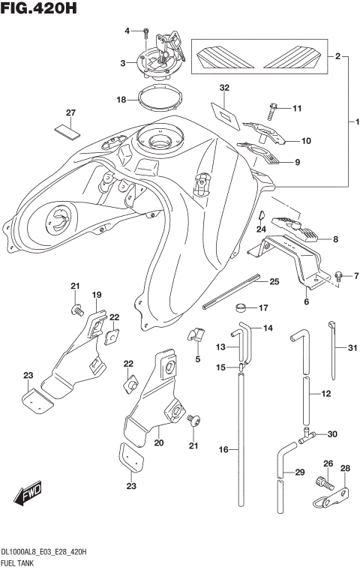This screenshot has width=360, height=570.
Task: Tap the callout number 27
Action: pos(70,113)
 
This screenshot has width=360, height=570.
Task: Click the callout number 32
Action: pos(223,88)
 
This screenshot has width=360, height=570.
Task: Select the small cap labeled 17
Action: pos(241,307)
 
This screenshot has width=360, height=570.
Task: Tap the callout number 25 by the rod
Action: pos(274,281)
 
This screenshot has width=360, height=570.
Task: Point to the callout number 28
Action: pos(345,469)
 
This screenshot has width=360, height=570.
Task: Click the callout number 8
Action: pos(335,240)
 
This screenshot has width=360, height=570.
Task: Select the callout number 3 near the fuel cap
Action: pos(122,64)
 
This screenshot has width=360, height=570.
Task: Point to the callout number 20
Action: pos(158,443)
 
